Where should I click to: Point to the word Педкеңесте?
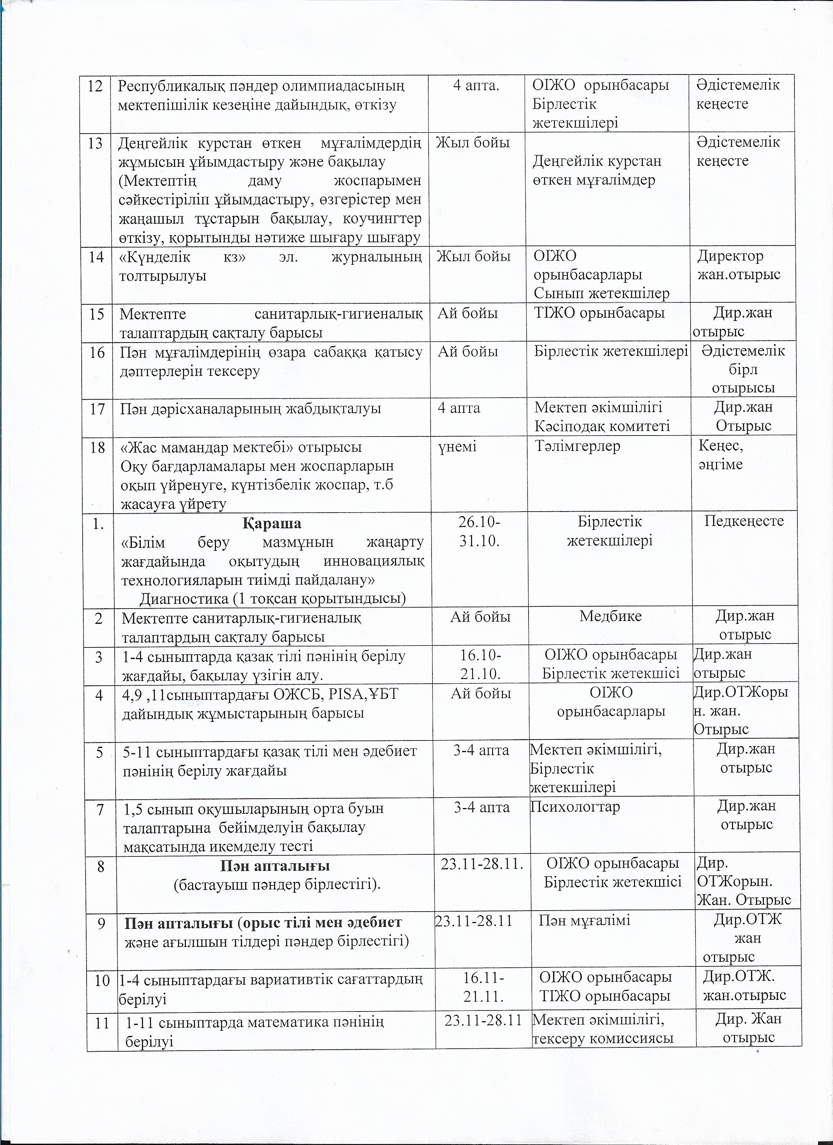[744, 521]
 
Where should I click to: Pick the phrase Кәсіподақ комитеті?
[602, 426]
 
